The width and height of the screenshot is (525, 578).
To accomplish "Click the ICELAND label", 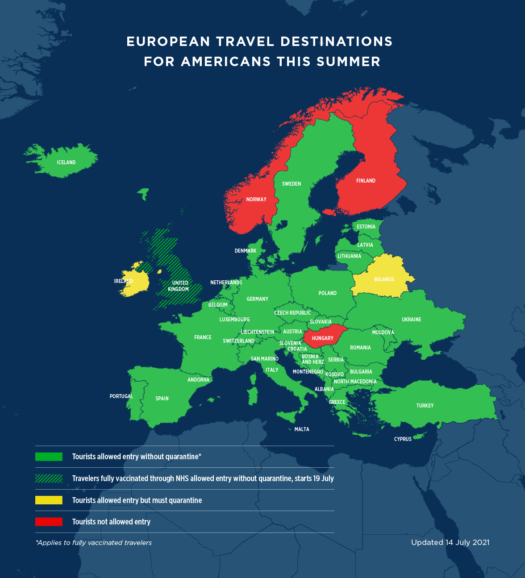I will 66,162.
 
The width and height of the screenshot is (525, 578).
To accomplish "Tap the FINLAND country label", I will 366,181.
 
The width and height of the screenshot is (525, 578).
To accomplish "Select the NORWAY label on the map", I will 256,200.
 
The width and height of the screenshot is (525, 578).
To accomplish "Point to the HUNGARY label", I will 322,338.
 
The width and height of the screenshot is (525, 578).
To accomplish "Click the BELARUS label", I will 384,279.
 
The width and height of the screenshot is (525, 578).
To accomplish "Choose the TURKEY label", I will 425,406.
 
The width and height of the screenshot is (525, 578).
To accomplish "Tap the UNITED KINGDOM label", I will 179,286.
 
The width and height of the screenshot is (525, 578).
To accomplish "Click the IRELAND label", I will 124,281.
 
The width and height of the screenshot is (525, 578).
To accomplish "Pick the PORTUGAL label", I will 121,396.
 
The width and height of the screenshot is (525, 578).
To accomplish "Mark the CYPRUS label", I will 403,439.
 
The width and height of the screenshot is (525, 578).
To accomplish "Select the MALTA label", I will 302,429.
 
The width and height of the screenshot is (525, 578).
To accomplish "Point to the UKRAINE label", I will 411,320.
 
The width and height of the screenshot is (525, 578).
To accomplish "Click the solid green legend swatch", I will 49,457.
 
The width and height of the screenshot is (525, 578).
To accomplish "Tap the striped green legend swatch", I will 49,478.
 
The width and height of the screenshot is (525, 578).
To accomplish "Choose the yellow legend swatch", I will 49,500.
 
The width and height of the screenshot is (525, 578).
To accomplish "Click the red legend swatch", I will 49,522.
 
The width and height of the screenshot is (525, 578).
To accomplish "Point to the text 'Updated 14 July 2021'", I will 450,543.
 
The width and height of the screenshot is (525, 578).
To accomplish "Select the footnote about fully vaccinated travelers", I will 94,543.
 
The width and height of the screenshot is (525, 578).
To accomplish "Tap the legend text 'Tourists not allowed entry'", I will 111,522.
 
